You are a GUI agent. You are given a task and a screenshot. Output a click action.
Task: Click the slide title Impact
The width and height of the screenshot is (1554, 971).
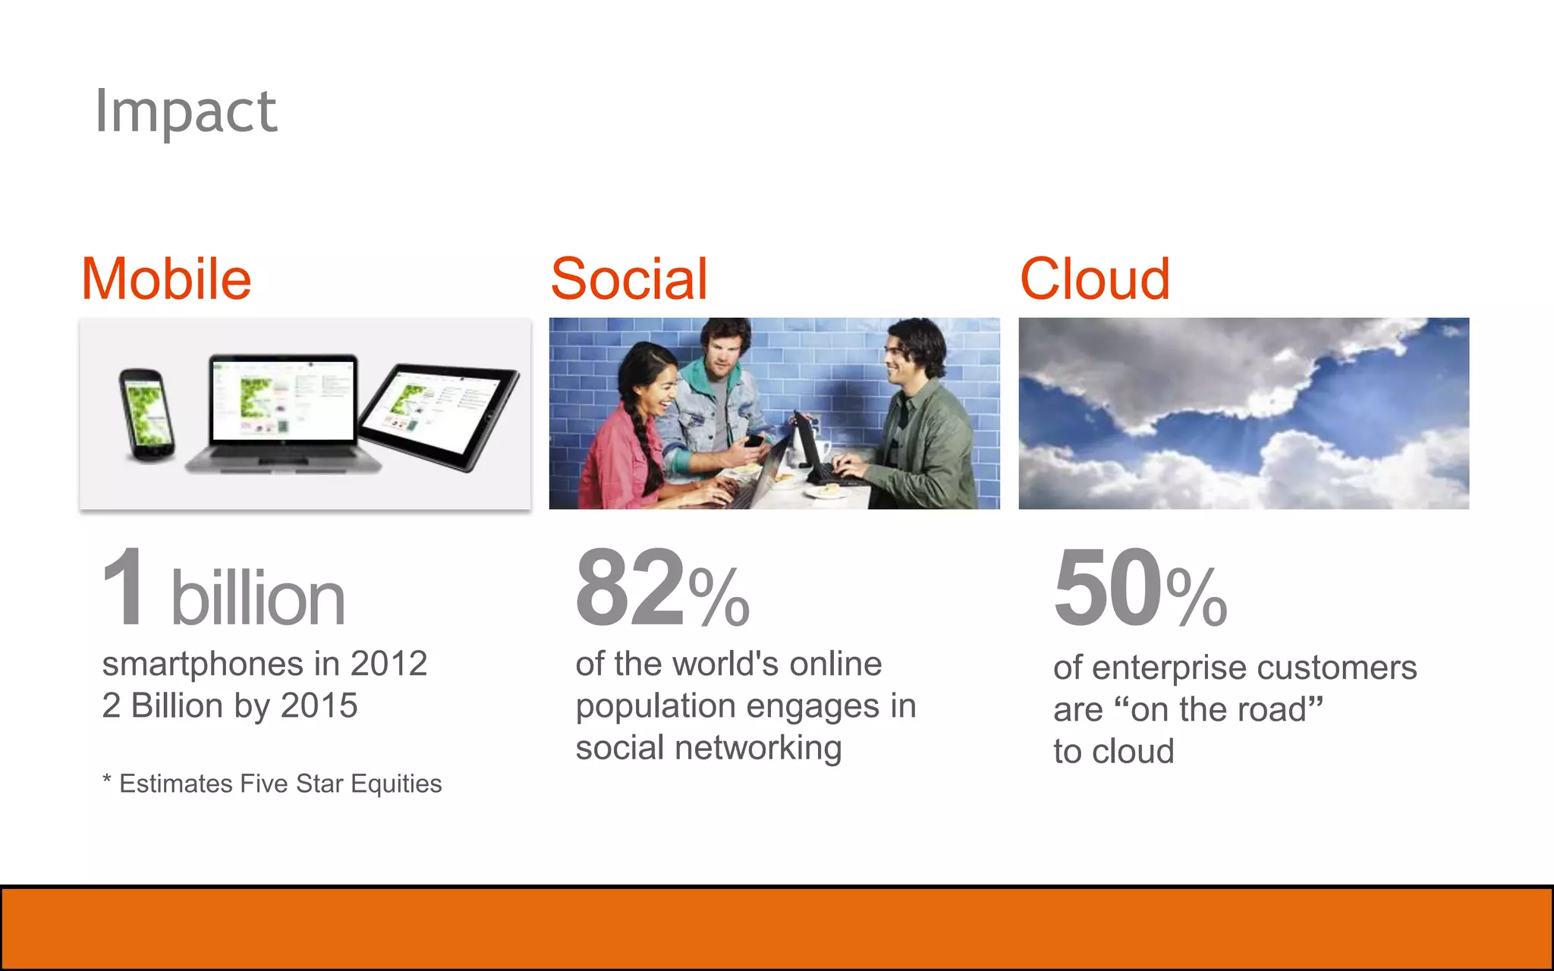click(186, 112)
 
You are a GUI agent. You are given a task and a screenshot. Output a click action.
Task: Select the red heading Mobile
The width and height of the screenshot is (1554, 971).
click(166, 279)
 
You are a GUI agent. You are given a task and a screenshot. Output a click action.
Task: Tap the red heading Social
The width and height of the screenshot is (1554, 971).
click(629, 279)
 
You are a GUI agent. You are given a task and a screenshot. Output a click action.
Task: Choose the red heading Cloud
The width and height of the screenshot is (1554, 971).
click(1094, 279)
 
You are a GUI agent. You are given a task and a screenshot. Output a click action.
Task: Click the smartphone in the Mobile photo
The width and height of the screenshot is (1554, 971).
click(146, 413)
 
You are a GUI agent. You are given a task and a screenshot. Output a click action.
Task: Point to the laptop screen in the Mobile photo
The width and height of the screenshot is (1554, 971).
click(283, 398)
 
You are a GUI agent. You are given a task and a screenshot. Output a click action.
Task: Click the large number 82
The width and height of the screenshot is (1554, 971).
click(630, 588)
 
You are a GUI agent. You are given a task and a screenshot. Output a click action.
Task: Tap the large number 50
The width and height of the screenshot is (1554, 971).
click(1108, 588)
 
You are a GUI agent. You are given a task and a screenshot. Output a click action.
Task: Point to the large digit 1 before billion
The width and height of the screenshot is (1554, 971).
click(124, 588)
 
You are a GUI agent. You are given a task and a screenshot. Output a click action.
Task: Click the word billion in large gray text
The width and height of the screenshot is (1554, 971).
click(258, 599)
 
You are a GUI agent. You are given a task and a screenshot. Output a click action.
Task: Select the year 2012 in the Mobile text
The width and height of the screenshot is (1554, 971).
click(388, 664)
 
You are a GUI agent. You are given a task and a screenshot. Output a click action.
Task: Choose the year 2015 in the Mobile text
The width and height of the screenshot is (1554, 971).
click(319, 705)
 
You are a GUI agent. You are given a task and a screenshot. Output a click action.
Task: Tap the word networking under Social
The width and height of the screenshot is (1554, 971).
click(758, 748)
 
